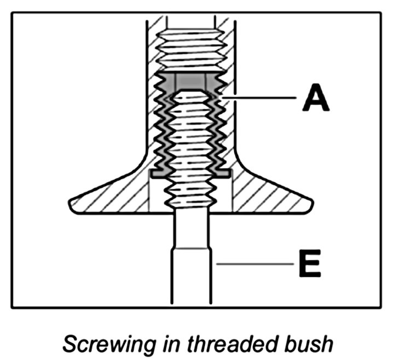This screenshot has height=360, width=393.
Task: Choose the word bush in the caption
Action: pyautogui.click(x=311, y=344)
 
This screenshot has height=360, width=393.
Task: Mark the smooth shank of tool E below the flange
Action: pyautogui.click(x=190, y=274)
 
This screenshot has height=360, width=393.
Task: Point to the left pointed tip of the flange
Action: pyautogui.click(x=71, y=203)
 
